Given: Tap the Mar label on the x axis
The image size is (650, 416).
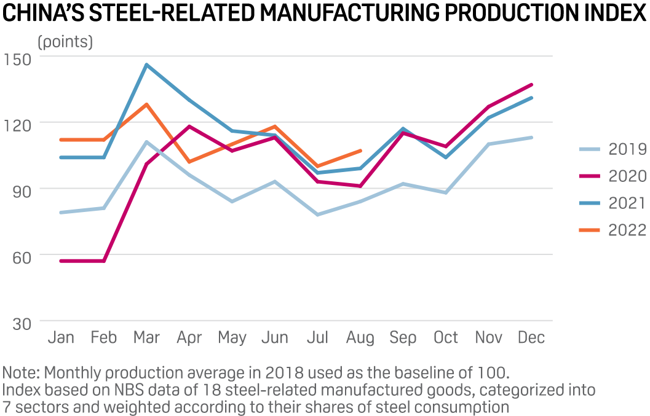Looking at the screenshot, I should click(x=146, y=338).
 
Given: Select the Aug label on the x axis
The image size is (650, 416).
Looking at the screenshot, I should click(x=360, y=338).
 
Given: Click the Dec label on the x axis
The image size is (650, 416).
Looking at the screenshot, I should click(x=531, y=338).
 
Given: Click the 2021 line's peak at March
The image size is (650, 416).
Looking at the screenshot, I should click(x=146, y=65).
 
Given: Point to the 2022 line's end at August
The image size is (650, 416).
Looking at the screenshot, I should click(x=360, y=151).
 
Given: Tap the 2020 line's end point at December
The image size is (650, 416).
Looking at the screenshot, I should click(x=531, y=84).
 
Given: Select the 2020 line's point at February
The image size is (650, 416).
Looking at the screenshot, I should click(x=103, y=261).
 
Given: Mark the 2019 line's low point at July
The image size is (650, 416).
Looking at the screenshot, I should click(x=317, y=214).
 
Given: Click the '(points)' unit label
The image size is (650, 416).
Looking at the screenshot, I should click(x=65, y=42).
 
